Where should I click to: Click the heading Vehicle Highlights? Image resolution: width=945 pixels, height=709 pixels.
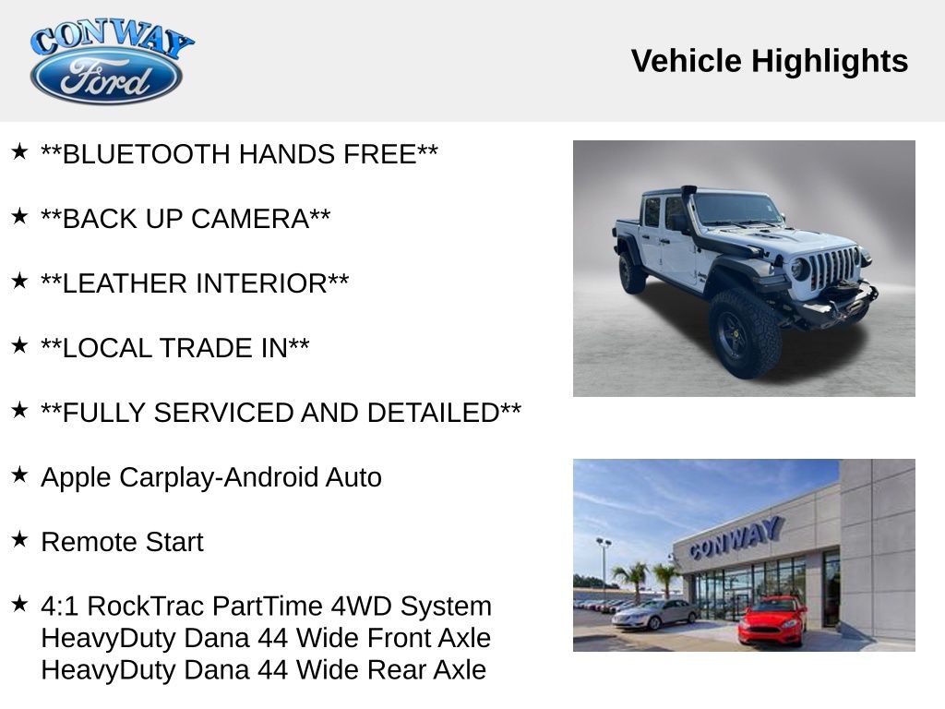(769, 61)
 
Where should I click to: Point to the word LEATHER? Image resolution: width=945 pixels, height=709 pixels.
(113, 283)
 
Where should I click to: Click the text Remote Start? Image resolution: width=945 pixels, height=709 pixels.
(122, 542)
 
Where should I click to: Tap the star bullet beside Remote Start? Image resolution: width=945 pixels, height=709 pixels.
(19, 539)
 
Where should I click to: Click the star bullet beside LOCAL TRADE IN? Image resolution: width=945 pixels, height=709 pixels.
(19, 345)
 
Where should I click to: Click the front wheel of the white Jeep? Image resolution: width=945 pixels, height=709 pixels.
(743, 333)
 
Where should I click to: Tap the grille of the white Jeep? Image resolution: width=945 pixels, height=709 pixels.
(832, 268)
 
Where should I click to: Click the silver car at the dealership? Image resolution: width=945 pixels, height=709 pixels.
(655, 614)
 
